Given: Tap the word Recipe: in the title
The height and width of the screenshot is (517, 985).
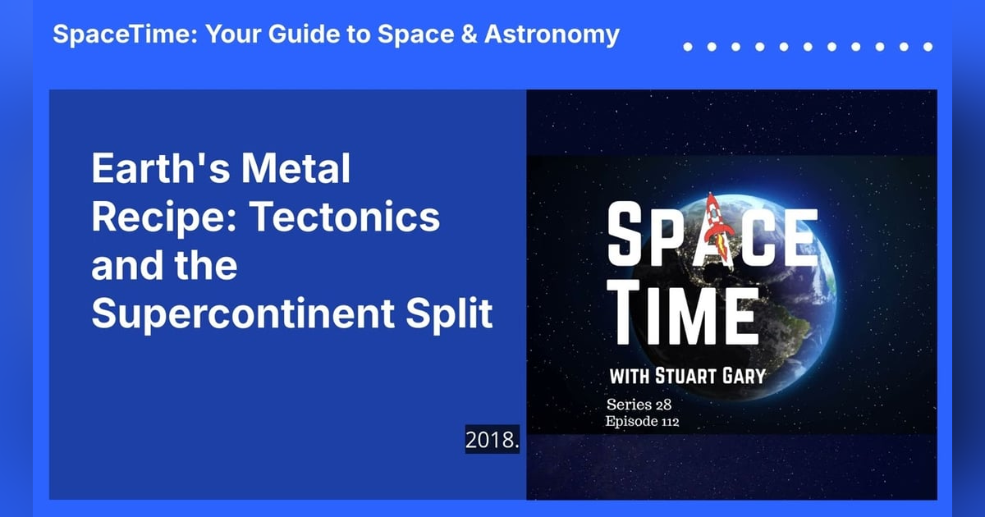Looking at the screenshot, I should [x=163, y=218].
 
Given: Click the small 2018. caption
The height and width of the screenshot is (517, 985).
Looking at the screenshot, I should [x=492, y=440].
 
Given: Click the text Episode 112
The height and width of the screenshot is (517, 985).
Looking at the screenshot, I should [x=642, y=423].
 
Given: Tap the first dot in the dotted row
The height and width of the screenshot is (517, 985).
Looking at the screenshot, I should [x=688, y=47].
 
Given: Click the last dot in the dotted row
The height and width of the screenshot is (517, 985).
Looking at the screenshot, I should [x=928, y=47].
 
